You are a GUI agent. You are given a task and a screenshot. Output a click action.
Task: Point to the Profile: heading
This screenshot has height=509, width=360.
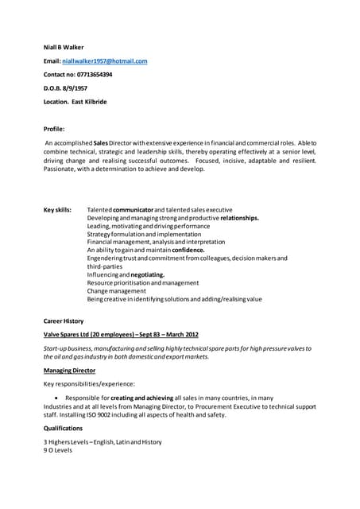point(54,127)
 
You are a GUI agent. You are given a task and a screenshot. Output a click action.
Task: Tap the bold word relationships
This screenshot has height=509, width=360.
point(239,218)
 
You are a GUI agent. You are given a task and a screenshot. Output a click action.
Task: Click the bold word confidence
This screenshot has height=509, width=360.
point(188,251)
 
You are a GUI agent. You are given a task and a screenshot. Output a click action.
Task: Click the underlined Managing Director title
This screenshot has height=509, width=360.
point(71,371)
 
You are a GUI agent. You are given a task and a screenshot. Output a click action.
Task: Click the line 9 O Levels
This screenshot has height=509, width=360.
point(58,449)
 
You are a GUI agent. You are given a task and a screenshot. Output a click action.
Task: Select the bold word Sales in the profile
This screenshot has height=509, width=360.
point(101,141)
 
